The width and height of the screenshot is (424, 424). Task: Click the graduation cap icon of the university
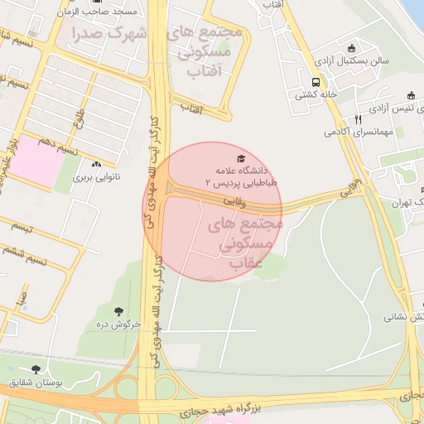[x=241, y=157]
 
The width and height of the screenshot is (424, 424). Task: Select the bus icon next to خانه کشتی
[x=316, y=82]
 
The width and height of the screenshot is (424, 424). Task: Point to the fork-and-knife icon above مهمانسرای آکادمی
[x=358, y=119]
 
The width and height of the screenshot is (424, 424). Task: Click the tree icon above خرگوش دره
[x=118, y=311]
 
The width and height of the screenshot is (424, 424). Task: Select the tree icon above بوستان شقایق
[x=35, y=369]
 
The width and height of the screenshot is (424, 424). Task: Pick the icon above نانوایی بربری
[x=98, y=165]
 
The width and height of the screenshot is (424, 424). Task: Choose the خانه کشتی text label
[x=316, y=95]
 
